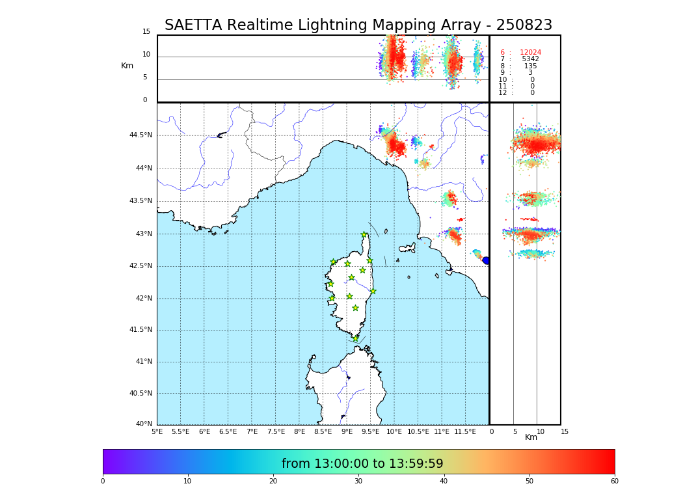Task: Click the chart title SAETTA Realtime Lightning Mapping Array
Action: click(358, 25)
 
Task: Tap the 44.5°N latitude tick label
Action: click(141, 135)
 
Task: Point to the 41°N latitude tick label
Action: click(143, 362)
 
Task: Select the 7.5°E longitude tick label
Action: click(276, 431)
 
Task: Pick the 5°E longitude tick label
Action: click(157, 431)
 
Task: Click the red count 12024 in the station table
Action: click(530, 53)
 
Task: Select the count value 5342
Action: click(530, 59)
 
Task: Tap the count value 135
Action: click(530, 66)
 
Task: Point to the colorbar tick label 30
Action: click(358, 481)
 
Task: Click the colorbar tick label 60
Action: click(614, 481)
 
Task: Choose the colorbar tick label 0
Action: click(103, 481)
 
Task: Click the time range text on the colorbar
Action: click(362, 464)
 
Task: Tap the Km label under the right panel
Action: click(531, 437)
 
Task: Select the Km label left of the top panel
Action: click(127, 66)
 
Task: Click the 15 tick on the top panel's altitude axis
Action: click(146, 32)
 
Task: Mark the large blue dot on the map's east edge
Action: click(486, 260)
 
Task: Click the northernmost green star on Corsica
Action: click(364, 235)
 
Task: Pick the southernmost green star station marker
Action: click(355, 338)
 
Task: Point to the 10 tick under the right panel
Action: click(541, 431)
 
